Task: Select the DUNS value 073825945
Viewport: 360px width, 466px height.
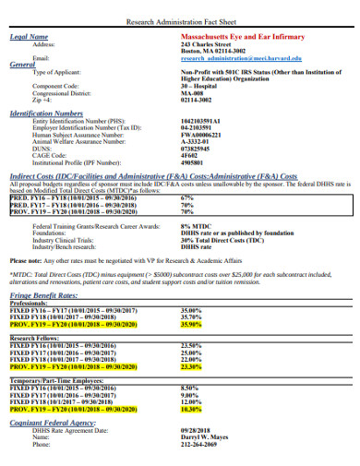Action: pyautogui.click(x=197, y=149)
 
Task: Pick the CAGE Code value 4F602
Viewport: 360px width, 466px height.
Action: pyautogui.click(x=190, y=156)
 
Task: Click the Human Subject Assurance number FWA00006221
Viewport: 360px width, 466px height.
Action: pyautogui.click(x=202, y=134)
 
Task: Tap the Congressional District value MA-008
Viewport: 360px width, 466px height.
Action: pyautogui.click(x=192, y=93)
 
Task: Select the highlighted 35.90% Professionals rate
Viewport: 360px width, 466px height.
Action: pyautogui.click(x=191, y=325)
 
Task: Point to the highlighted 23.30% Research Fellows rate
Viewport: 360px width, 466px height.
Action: pyautogui.click(x=191, y=366)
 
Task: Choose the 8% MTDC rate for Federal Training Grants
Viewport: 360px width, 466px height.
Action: pyautogui.click(x=198, y=226)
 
